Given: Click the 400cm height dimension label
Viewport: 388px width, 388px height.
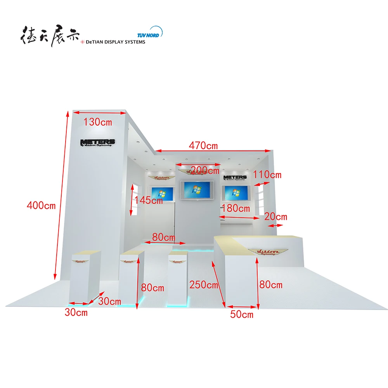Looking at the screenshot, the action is tap(41, 205).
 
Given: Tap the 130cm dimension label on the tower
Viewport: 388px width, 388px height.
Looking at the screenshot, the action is tap(98, 122).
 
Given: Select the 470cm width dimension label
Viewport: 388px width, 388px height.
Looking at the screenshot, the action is tap(203, 146).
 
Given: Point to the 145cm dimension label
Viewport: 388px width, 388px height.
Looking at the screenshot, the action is tap(149, 200).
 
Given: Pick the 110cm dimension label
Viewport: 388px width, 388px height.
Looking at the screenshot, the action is tap(268, 175).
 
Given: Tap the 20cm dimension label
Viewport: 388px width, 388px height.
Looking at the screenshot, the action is tap(276, 217).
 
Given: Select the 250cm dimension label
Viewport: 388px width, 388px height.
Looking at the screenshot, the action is tap(204, 285).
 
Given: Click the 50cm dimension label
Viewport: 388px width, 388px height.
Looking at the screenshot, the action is tap(242, 314).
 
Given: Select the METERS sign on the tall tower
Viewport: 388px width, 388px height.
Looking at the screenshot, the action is tap(97, 143).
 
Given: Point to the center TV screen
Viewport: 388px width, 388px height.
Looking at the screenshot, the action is tap(198, 190).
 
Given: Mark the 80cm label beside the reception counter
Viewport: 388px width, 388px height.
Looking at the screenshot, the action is tap(271, 285).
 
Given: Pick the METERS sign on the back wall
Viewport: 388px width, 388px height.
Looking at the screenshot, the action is tap(235, 178).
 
